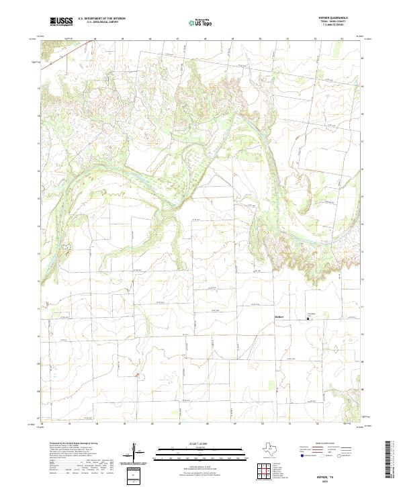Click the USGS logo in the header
[x=61, y=22]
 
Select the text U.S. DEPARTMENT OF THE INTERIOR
[x=101, y=19]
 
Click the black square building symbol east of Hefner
[x=308, y=319]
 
